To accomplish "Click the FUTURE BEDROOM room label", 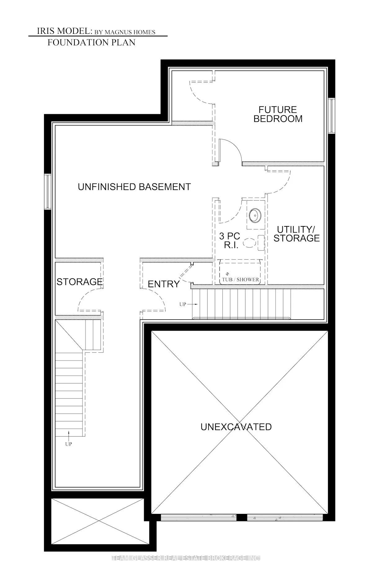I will (x=278, y=114).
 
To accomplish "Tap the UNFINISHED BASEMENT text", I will (x=134, y=187).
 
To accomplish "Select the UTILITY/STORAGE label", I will (x=296, y=234).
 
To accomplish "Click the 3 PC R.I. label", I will (x=229, y=240).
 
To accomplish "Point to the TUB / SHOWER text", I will (x=240, y=279).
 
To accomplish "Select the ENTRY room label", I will (x=163, y=284).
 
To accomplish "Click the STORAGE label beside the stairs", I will (x=79, y=282).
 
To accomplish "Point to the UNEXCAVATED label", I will (x=236, y=427).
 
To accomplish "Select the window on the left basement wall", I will (x=47, y=192).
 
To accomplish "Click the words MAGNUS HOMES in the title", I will (x=130, y=32).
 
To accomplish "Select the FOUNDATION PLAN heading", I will (x=91, y=43).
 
